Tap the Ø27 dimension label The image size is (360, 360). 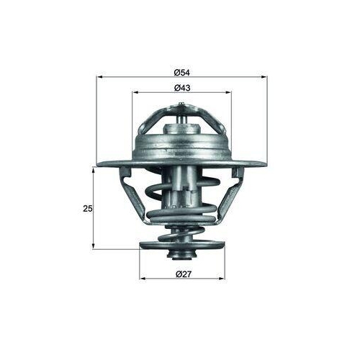(x=182, y=273)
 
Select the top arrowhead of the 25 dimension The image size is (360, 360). (x=94, y=167)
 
